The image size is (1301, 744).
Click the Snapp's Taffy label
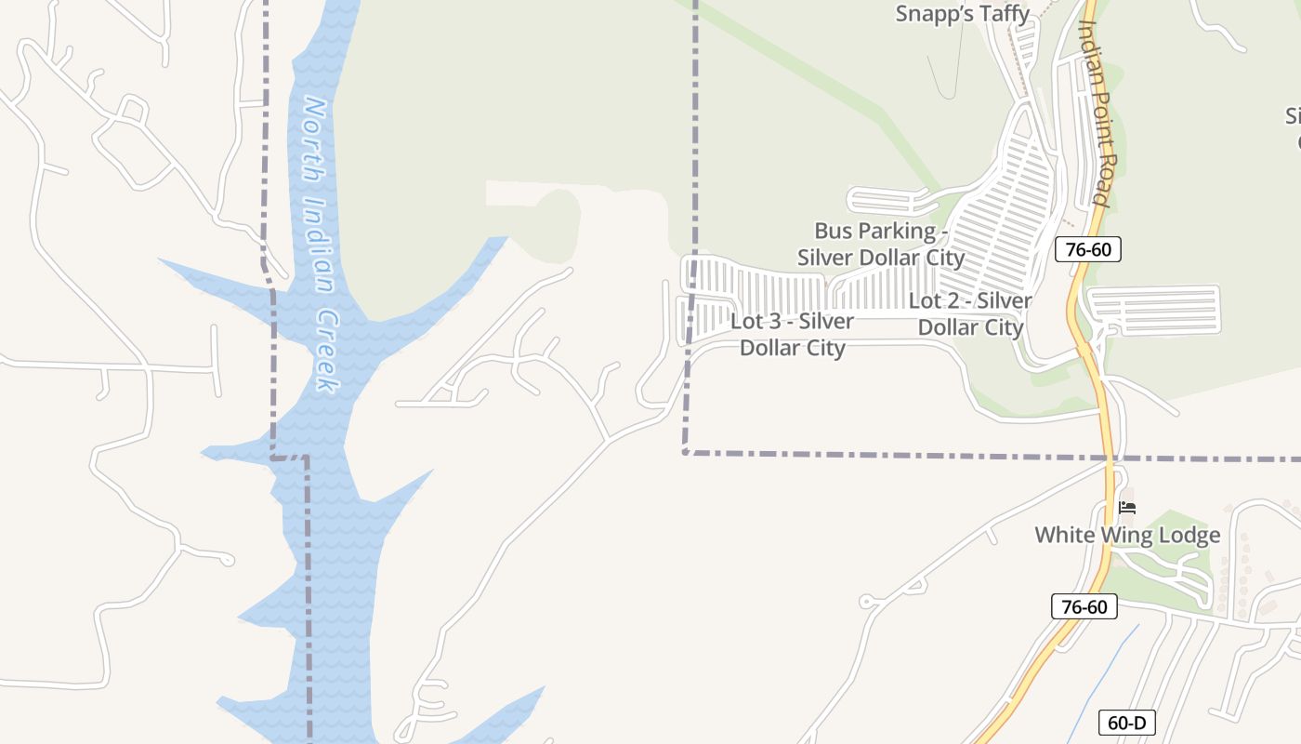(x=963, y=14)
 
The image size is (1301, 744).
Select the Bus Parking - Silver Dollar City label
(x=881, y=244)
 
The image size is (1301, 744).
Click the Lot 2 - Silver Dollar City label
(x=970, y=314)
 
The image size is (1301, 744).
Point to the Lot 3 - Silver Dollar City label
(x=792, y=335)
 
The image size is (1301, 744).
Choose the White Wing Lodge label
(x=1127, y=536)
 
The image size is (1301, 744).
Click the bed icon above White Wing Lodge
(x=1127, y=508)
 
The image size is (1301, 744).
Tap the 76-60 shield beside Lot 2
(x=1088, y=249)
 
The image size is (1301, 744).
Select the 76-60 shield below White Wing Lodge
(x=1084, y=607)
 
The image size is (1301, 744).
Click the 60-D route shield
(x=1127, y=723)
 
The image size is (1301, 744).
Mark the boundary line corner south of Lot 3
(x=685, y=453)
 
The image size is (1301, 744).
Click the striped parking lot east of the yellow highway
(x=1153, y=310)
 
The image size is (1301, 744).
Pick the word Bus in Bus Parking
(x=833, y=231)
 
